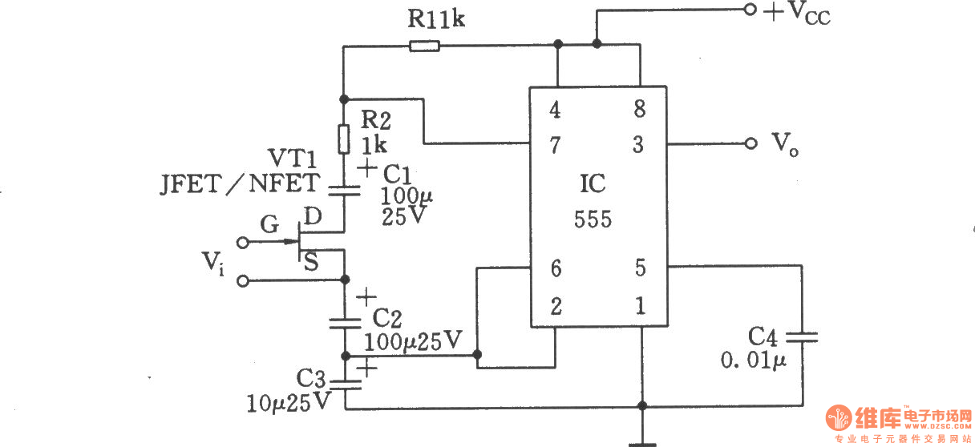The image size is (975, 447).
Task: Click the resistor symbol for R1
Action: [424, 46]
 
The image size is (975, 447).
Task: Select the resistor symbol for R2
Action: [343, 139]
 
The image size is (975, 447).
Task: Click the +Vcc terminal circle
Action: [750, 10]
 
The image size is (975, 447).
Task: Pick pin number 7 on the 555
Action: [555, 145]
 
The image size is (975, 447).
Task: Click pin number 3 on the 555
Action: [639, 145]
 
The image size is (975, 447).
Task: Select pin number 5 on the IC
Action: [640, 268]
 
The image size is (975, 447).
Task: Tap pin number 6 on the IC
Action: [555, 268]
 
